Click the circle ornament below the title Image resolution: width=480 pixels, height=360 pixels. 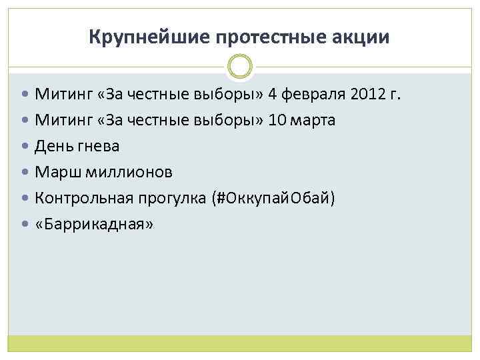pyautogui.click(x=240, y=66)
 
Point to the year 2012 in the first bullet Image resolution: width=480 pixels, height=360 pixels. pyautogui.click(x=367, y=94)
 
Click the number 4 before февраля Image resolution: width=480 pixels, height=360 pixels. pyautogui.click(x=273, y=94)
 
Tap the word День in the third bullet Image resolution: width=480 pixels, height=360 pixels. pyautogui.click(x=51, y=146)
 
